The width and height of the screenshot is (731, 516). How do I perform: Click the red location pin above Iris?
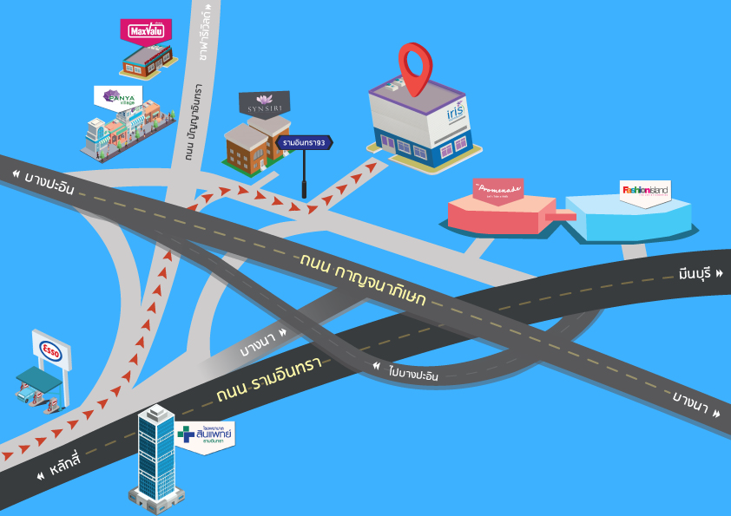coord(415,65)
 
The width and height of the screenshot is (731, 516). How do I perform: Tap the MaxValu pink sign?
coord(145,31)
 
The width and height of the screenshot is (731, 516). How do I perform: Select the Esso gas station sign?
coord(49,349)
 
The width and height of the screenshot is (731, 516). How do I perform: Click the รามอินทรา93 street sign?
coord(304,142)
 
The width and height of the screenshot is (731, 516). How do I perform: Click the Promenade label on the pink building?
coord(497,188)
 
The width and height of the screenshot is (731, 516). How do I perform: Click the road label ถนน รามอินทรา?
coord(268,378)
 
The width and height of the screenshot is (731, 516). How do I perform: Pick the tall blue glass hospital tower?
coord(157,455)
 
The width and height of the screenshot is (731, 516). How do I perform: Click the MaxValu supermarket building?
coord(148,59)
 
